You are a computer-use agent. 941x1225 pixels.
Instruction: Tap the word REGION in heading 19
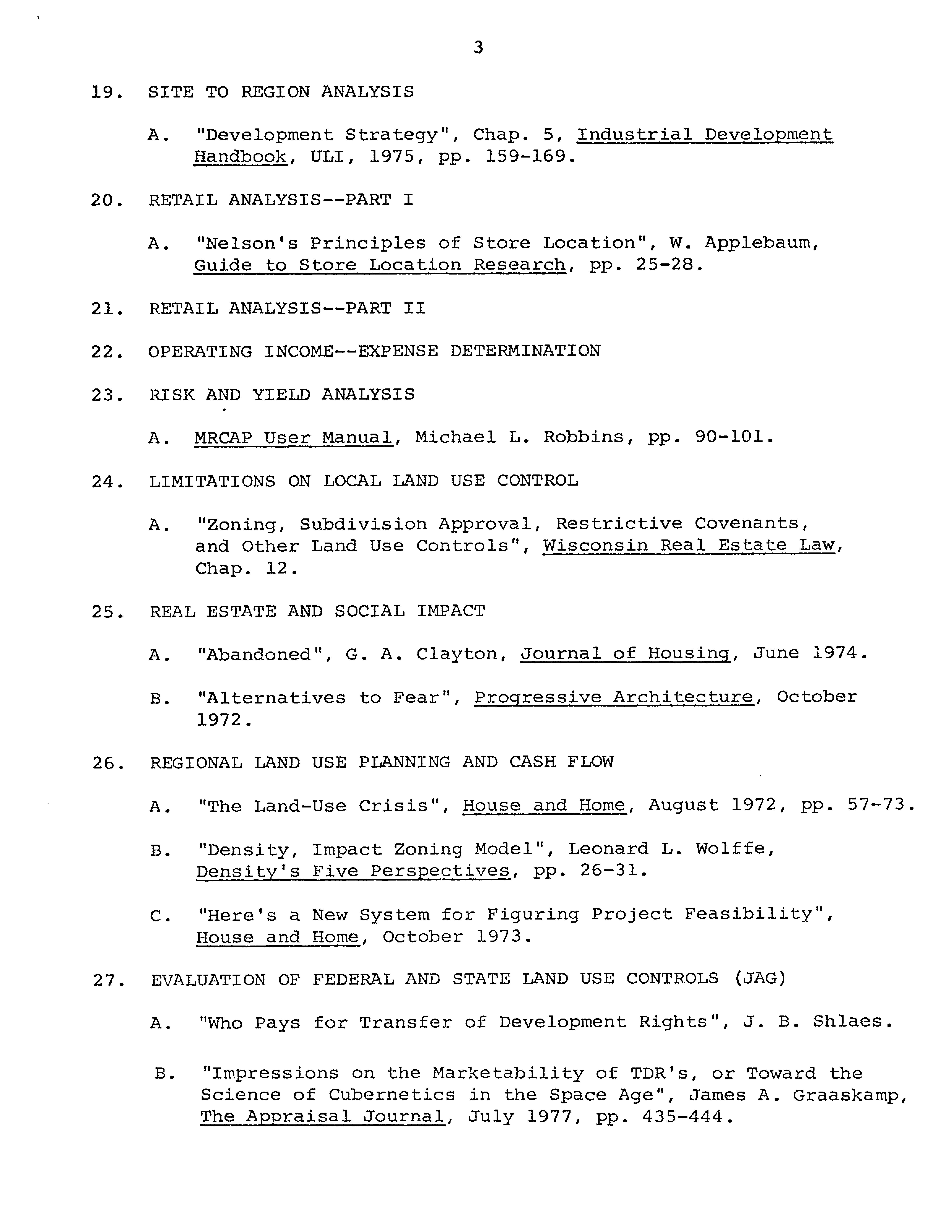(x=275, y=91)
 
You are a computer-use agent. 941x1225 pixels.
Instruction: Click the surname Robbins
(x=583, y=437)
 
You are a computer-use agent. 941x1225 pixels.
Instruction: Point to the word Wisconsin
(x=595, y=545)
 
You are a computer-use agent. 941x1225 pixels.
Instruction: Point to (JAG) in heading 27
(x=759, y=978)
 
